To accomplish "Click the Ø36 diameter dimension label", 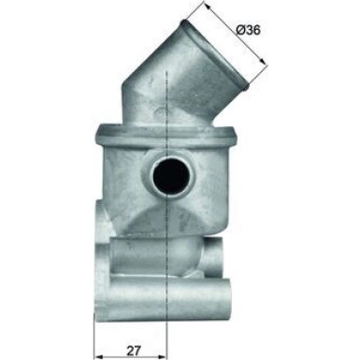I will click(x=248, y=30).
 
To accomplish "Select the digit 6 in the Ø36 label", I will click(x=257, y=30).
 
